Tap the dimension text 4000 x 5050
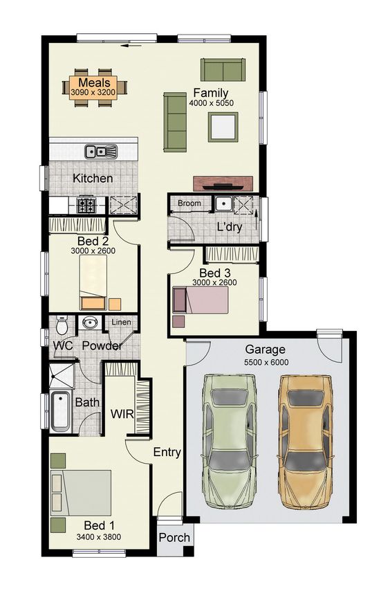pyautogui.click(x=211, y=104)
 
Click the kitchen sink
pyautogui.click(x=100, y=151)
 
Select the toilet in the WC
pyautogui.click(x=61, y=325)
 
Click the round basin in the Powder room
pyautogui.click(x=89, y=323)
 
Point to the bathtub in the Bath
pyautogui.click(x=60, y=410)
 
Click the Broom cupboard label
pyautogui.click(x=189, y=203)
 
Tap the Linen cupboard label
pyautogui.click(x=122, y=323)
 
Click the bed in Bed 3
pyautogui.click(x=201, y=300)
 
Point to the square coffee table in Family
pyautogui.click(x=224, y=127)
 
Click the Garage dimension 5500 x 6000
pyautogui.click(x=266, y=362)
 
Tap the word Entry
pyautogui.click(x=167, y=453)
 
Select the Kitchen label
pyautogui.click(x=93, y=179)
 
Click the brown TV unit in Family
pyautogui.click(x=223, y=183)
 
